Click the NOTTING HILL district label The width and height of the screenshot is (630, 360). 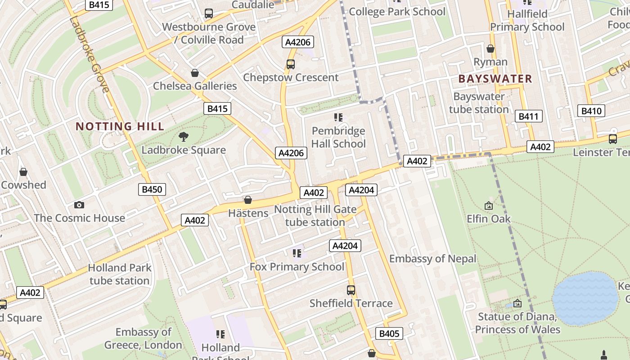(120, 126)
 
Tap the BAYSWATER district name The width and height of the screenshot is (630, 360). (495, 79)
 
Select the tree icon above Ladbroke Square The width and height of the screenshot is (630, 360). (184, 136)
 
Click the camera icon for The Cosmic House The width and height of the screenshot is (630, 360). (79, 205)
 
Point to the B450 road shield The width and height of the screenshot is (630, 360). (152, 189)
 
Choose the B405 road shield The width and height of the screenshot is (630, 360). (389, 333)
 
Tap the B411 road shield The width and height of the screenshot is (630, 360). (528, 117)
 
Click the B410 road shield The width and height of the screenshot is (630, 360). (591, 111)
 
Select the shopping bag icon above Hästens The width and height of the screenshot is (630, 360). (247, 200)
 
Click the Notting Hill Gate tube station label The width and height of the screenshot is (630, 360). (315, 216)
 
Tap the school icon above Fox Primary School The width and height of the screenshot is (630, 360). (297, 253)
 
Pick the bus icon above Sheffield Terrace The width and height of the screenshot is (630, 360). (351, 290)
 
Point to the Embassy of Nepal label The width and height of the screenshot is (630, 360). (432, 259)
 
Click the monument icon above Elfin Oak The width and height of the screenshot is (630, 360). (489, 206)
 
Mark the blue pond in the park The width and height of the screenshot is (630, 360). (585, 298)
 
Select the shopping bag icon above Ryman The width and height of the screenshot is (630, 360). (490, 49)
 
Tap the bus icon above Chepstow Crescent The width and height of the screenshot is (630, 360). (291, 64)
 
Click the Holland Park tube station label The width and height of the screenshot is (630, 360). (119, 274)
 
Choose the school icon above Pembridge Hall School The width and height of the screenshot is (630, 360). (338, 117)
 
